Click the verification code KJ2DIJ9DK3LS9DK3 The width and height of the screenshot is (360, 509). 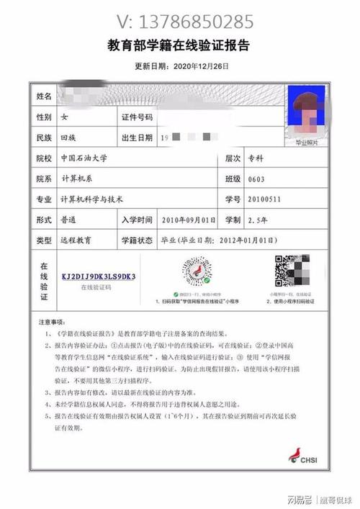[x=99, y=276]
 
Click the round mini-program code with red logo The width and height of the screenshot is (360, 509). [x=195, y=272]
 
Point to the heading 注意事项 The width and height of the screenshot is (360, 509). [x=51, y=321]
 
